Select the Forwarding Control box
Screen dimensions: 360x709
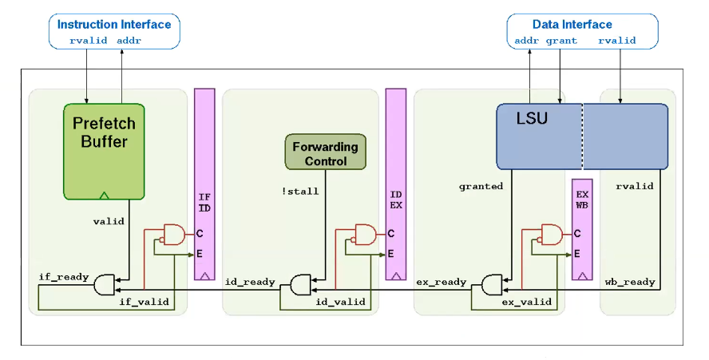(x=325, y=153)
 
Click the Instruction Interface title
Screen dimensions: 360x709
(x=114, y=24)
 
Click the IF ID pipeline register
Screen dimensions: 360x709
(x=204, y=184)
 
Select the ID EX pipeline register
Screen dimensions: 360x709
(x=395, y=184)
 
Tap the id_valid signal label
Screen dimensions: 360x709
(x=341, y=302)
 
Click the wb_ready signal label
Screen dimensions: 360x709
(x=630, y=282)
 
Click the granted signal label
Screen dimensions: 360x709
(x=481, y=187)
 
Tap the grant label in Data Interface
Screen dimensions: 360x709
(x=561, y=41)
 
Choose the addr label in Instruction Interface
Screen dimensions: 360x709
(x=129, y=41)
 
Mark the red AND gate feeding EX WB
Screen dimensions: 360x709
(x=551, y=234)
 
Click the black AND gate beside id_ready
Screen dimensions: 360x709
(x=302, y=284)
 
